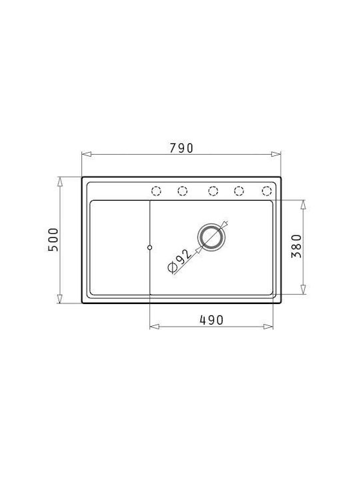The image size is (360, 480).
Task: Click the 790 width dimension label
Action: (x=181, y=148)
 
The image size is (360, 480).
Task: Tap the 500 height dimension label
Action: (x=53, y=240)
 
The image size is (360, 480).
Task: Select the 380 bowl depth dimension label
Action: (x=296, y=246)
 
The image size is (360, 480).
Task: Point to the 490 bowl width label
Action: (x=211, y=320)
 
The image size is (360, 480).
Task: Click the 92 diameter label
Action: (x=180, y=261)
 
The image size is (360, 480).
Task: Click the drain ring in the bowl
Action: (x=211, y=237)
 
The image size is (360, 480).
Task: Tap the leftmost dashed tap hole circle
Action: (x=156, y=191)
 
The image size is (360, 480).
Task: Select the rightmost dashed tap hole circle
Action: (x=267, y=191)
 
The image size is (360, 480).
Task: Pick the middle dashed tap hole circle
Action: (x=213, y=191)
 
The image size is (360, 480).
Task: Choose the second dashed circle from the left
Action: (x=183, y=191)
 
